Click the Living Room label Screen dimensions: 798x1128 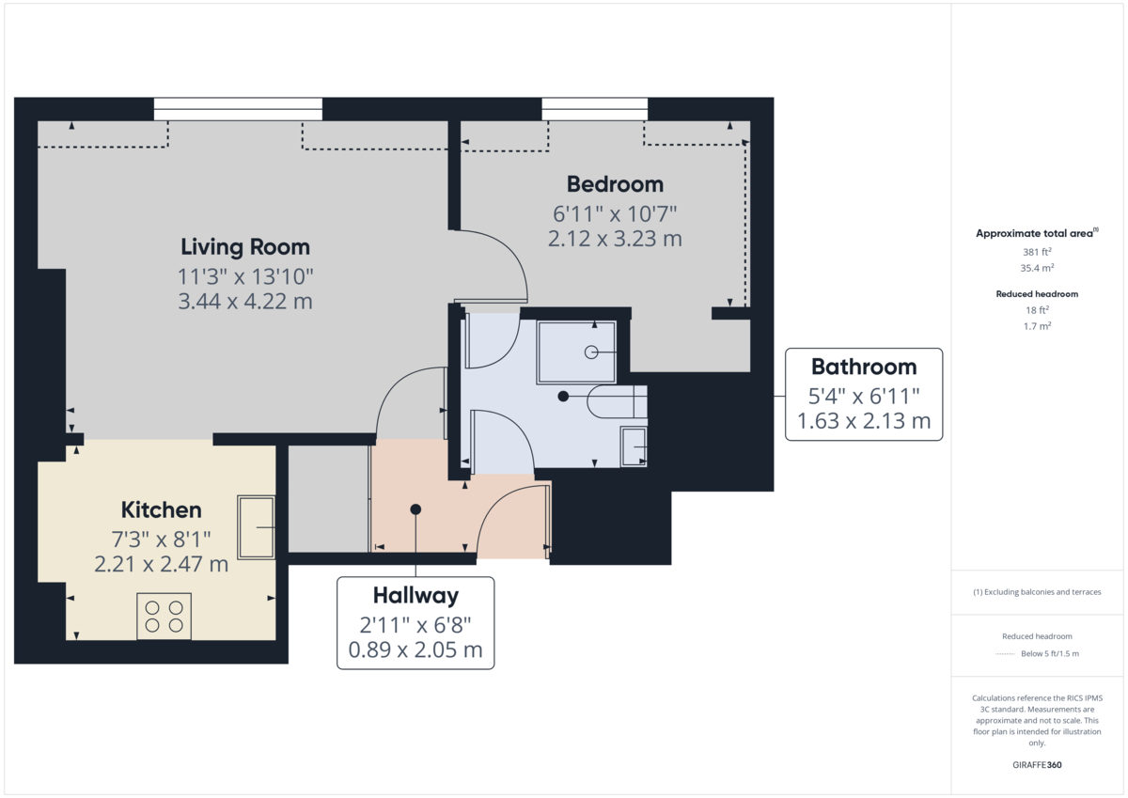pyautogui.click(x=244, y=247)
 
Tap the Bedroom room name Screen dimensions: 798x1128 pyautogui.click(x=615, y=184)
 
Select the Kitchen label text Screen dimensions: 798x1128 pyautogui.click(x=162, y=510)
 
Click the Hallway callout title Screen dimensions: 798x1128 pyautogui.click(x=415, y=595)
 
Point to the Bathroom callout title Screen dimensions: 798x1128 pyautogui.click(x=863, y=367)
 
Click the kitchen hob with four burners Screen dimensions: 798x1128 pyautogui.click(x=164, y=616)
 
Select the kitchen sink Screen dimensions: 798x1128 pyautogui.click(x=256, y=527)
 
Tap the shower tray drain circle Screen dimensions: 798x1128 pyautogui.click(x=591, y=352)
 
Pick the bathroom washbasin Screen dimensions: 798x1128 pyautogui.click(x=633, y=446)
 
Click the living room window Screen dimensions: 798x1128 pyautogui.click(x=238, y=109)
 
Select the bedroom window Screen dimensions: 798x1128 pyautogui.click(x=594, y=109)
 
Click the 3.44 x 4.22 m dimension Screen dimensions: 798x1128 pyautogui.click(x=244, y=302)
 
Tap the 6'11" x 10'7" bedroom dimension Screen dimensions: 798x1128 pyautogui.click(x=615, y=213)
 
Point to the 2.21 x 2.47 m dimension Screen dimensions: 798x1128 pyautogui.click(x=162, y=564)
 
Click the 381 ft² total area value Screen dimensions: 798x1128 pyautogui.click(x=1037, y=252)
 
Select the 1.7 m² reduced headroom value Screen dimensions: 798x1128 pyautogui.click(x=1037, y=325)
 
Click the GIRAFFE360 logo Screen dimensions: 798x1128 pyautogui.click(x=1037, y=765)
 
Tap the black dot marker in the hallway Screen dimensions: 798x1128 pyautogui.click(x=415, y=509)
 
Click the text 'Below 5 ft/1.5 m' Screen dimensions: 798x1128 pyautogui.click(x=1050, y=653)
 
